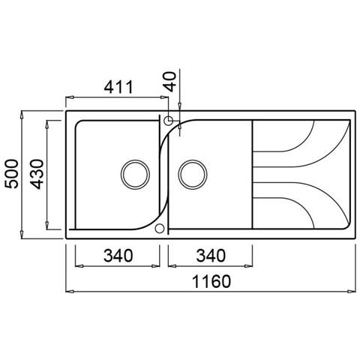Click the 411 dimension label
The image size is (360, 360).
tap(118, 88)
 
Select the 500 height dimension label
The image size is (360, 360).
tap(12, 174)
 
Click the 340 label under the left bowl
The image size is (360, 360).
tap(118, 256)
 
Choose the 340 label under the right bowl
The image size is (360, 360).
tap(211, 256)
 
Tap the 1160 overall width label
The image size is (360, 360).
tap(211, 281)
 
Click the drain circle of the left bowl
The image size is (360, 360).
tap(135, 174)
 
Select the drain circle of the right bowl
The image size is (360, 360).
tap(193, 174)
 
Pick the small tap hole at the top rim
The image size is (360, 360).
tap(168, 121)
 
